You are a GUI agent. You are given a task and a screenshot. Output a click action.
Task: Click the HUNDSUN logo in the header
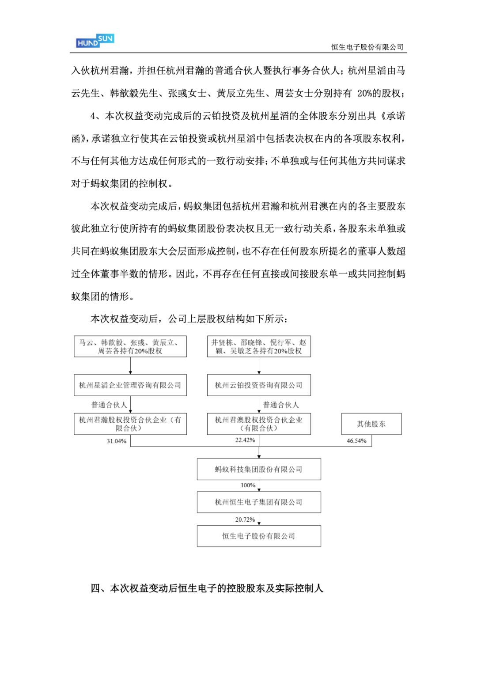coord(95,41)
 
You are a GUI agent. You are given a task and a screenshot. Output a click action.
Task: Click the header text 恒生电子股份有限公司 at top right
coord(367,47)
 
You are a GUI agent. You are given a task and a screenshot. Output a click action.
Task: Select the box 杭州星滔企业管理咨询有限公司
coord(130,385)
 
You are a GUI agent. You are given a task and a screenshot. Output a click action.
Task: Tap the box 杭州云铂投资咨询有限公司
coord(259,385)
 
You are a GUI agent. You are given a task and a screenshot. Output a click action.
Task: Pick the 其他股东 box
coord(371,424)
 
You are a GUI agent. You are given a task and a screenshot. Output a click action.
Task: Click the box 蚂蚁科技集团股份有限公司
coord(259,469)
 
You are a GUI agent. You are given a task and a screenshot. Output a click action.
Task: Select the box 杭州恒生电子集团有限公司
coord(259,502)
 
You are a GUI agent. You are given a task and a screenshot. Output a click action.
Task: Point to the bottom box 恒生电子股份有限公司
coord(259,536)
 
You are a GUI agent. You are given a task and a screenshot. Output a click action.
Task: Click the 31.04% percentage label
coord(117,441)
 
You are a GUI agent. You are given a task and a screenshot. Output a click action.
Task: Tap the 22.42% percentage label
coord(245,440)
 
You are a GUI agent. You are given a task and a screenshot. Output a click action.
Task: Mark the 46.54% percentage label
coord(356,441)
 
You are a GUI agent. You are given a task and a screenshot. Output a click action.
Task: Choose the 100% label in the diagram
coord(248,485)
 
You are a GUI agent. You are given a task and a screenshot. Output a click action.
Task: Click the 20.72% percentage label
coord(245,520)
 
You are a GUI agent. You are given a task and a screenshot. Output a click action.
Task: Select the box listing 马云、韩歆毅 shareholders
coord(130,347)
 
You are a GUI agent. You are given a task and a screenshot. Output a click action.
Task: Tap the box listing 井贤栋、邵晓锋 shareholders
coord(259,347)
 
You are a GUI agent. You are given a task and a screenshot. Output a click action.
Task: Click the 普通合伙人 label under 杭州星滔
coord(109,405)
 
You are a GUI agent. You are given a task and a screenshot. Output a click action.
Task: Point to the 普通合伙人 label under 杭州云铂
coord(281,405)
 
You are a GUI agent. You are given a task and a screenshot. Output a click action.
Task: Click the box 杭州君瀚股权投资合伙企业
coord(130,424)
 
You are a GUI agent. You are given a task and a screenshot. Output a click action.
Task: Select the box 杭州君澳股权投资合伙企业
coord(259,424)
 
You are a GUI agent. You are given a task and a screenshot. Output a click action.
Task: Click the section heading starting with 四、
coord(207,588)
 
